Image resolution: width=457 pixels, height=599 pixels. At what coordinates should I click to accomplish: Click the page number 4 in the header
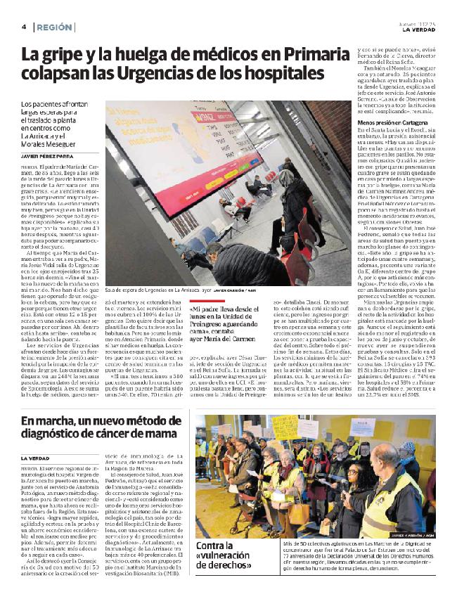coord(24,27)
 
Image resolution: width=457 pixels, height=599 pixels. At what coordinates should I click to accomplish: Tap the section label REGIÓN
coord(54,27)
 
